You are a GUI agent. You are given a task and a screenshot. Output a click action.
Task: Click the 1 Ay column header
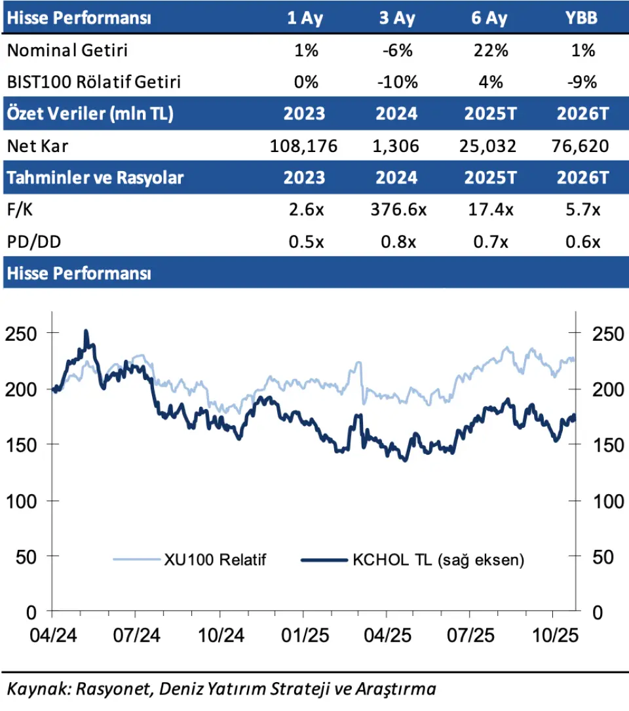(305, 18)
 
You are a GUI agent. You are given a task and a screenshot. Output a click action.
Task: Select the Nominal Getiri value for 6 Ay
(490, 50)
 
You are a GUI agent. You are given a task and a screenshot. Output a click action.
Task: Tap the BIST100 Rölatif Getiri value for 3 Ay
(397, 82)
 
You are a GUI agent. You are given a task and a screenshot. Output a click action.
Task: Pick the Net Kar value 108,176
(305, 146)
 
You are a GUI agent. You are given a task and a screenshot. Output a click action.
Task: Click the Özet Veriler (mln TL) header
(90, 114)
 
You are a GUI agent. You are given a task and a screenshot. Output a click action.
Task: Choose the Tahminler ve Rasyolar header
(95, 178)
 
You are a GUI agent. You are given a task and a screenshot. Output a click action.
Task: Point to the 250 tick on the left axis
(22, 333)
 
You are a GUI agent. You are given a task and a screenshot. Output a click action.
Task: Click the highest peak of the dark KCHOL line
(86, 333)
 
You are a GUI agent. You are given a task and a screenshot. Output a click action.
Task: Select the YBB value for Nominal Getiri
(582, 50)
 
